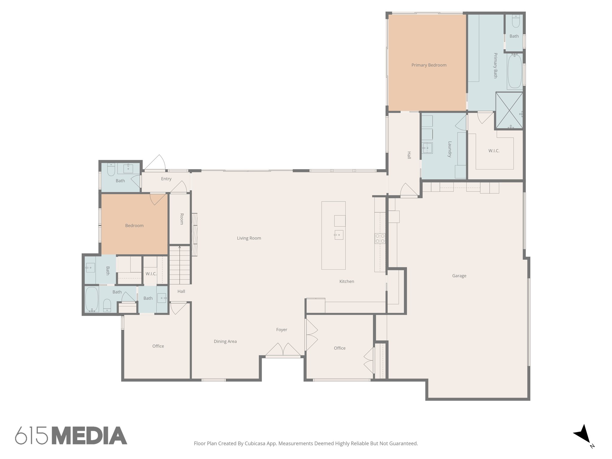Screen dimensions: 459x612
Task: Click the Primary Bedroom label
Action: pos(429,65)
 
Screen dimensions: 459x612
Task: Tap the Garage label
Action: pos(459,276)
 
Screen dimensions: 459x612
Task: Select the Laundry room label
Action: pos(449,149)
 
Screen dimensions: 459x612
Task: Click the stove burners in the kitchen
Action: pos(380,238)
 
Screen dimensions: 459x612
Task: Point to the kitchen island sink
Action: pos(339,235)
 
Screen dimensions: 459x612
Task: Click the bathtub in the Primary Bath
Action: pos(515,71)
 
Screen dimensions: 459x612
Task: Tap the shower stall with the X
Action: pos(509,111)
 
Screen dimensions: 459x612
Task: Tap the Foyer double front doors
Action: pos(283,350)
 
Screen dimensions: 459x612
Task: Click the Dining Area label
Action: pos(225,341)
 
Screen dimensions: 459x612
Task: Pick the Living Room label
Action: pos(249,238)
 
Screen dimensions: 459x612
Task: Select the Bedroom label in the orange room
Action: pos(134,226)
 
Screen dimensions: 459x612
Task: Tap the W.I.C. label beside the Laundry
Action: pos(494,151)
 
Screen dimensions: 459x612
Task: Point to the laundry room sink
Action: pos(427,148)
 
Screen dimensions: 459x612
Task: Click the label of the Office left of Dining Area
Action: pos(158,346)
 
